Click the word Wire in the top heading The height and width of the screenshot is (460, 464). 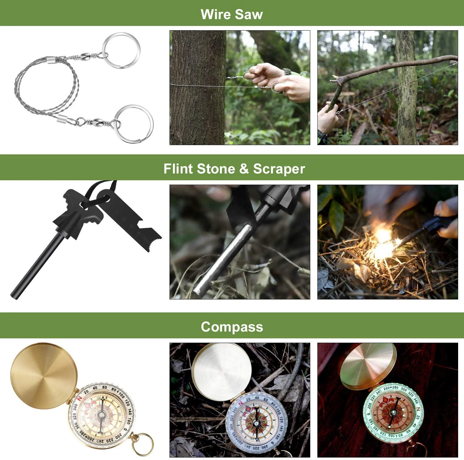point(215,14)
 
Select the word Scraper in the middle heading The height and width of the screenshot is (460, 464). point(279,169)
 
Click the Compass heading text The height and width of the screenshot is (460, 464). point(232,327)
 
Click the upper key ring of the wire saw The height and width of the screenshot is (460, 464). point(121,50)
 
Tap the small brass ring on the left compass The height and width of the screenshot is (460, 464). point(143,444)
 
